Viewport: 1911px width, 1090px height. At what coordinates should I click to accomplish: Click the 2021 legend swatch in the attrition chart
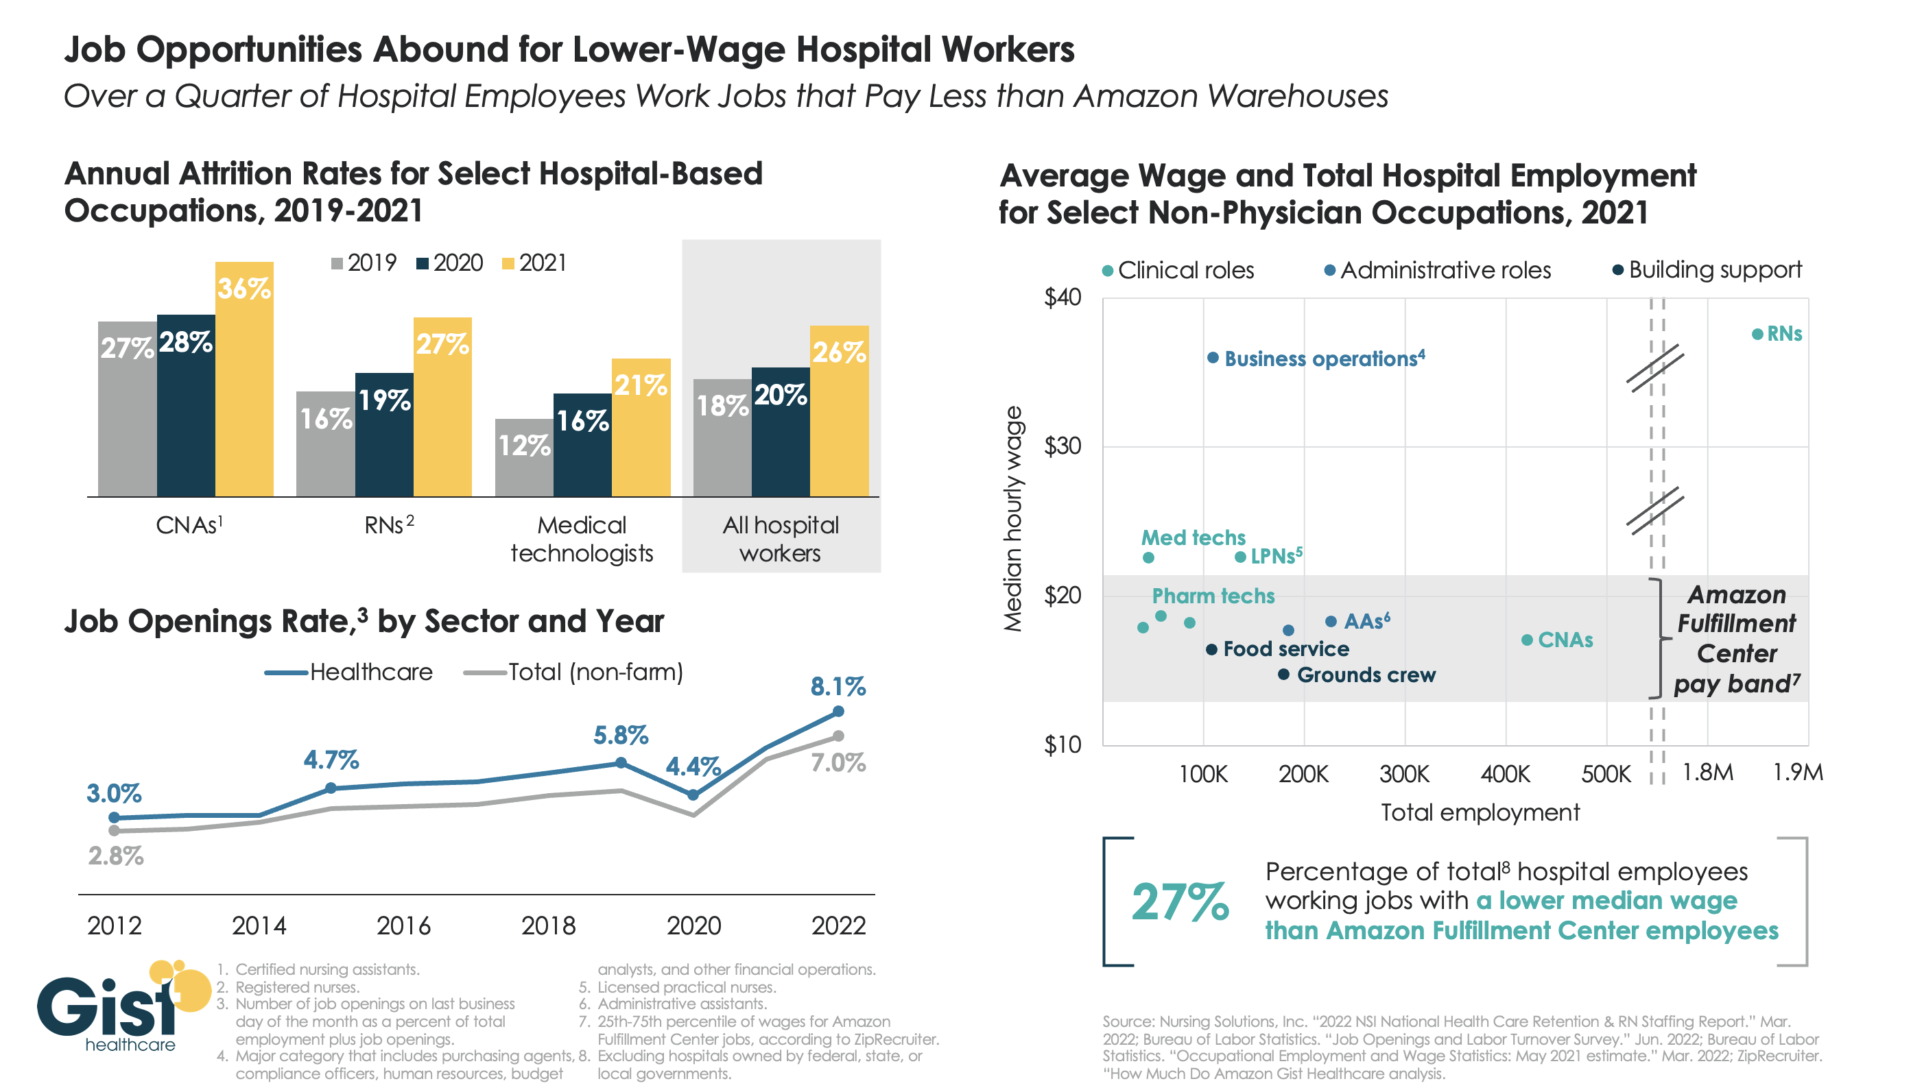coord(508,263)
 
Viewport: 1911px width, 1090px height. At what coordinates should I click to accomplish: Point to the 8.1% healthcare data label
coord(838,686)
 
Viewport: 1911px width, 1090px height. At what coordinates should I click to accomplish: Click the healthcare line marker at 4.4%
coord(693,795)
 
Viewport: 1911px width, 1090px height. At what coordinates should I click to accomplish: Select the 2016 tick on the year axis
coord(403,926)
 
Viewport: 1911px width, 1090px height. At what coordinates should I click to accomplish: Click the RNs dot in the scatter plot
coord(1757,335)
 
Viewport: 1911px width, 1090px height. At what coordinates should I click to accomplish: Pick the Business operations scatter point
coord(1212,358)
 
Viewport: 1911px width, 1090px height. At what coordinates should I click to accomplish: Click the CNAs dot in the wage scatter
coord(1527,640)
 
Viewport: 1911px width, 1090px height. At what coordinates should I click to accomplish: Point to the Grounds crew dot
coord(1283,675)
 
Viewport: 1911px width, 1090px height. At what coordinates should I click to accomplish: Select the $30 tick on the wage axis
coord(1062,446)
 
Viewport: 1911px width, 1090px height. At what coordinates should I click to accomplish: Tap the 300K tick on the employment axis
coord(1404,773)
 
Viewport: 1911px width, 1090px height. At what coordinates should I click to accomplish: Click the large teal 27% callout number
coord(1179,901)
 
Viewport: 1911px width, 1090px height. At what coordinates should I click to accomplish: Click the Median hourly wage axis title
coord(1012,519)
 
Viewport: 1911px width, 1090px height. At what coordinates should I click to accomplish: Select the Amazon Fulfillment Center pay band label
coord(1736,639)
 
